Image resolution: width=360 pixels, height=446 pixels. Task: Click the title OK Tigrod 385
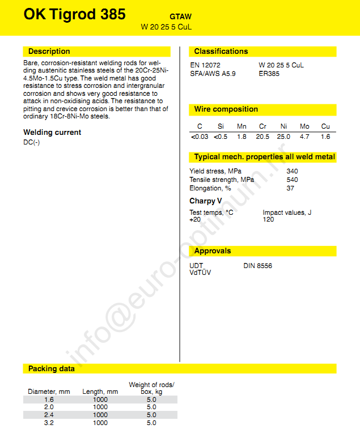click(x=74, y=15)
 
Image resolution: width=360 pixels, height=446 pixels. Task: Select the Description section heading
click(x=49, y=52)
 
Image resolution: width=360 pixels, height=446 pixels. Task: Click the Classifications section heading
click(x=221, y=52)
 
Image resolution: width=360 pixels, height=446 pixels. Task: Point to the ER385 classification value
click(x=269, y=74)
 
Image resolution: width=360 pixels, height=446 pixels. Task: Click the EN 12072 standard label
click(x=205, y=65)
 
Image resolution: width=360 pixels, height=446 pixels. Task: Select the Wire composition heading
click(x=226, y=109)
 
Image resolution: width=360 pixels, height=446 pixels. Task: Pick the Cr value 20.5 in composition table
click(x=262, y=137)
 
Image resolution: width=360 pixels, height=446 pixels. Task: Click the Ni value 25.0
click(x=283, y=137)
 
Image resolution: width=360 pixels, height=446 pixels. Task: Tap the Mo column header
click(x=304, y=126)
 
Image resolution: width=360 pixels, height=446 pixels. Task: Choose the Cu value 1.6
click(x=325, y=137)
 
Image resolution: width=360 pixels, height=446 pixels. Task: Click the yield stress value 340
click(x=292, y=171)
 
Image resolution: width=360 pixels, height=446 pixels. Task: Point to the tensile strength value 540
click(x=292, y=180)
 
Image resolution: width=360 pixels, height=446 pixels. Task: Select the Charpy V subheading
click(x=202, y=201)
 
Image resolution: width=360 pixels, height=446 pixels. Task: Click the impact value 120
click(x=268, y=219)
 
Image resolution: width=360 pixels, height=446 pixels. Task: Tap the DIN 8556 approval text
click(x=257, y=266)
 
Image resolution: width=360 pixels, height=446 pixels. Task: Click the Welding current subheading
click(x=52, y=133)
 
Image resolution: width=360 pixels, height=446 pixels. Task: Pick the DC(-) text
click(x=32, y=142)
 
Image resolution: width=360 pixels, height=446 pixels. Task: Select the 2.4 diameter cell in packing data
click(x=49, y=415)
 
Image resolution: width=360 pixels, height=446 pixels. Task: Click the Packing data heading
click(x=52, y=369)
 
